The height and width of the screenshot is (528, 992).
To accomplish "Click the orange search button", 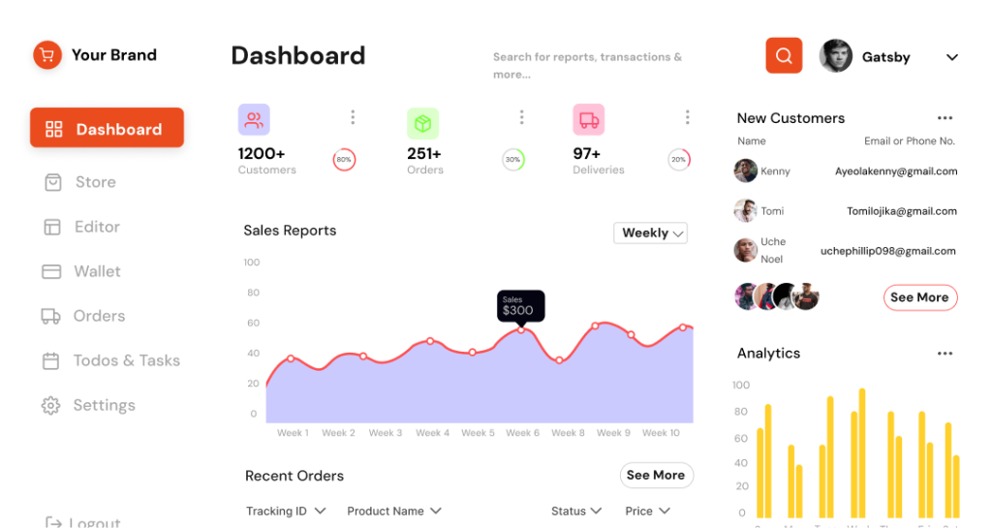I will [784, 55].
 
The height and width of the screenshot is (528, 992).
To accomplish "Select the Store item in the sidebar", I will [95, 182].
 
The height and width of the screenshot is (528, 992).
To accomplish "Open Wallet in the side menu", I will [97, 271].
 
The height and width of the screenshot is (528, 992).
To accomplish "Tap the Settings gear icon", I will [50, 405].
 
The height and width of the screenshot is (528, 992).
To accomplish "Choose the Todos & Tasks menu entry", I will [126, 360].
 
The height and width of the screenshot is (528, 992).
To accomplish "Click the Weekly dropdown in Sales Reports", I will [651, 233].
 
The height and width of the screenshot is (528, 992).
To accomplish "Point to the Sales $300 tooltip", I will [520, 306].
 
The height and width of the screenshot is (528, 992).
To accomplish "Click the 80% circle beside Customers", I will [344, 160].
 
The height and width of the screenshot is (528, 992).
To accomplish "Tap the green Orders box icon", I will [422, 123].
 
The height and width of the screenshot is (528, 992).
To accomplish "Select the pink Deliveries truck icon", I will [588, 120].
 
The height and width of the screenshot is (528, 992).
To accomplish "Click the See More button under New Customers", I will [919, 297].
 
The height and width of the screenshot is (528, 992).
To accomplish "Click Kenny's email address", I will [896, 171].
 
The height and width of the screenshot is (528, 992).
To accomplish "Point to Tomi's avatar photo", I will [745, 210].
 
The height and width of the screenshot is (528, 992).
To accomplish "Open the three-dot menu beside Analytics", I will [945, 354].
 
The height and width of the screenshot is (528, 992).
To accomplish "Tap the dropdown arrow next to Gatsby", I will [951, 57].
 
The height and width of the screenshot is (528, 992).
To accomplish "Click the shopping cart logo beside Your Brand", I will [46, 55].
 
